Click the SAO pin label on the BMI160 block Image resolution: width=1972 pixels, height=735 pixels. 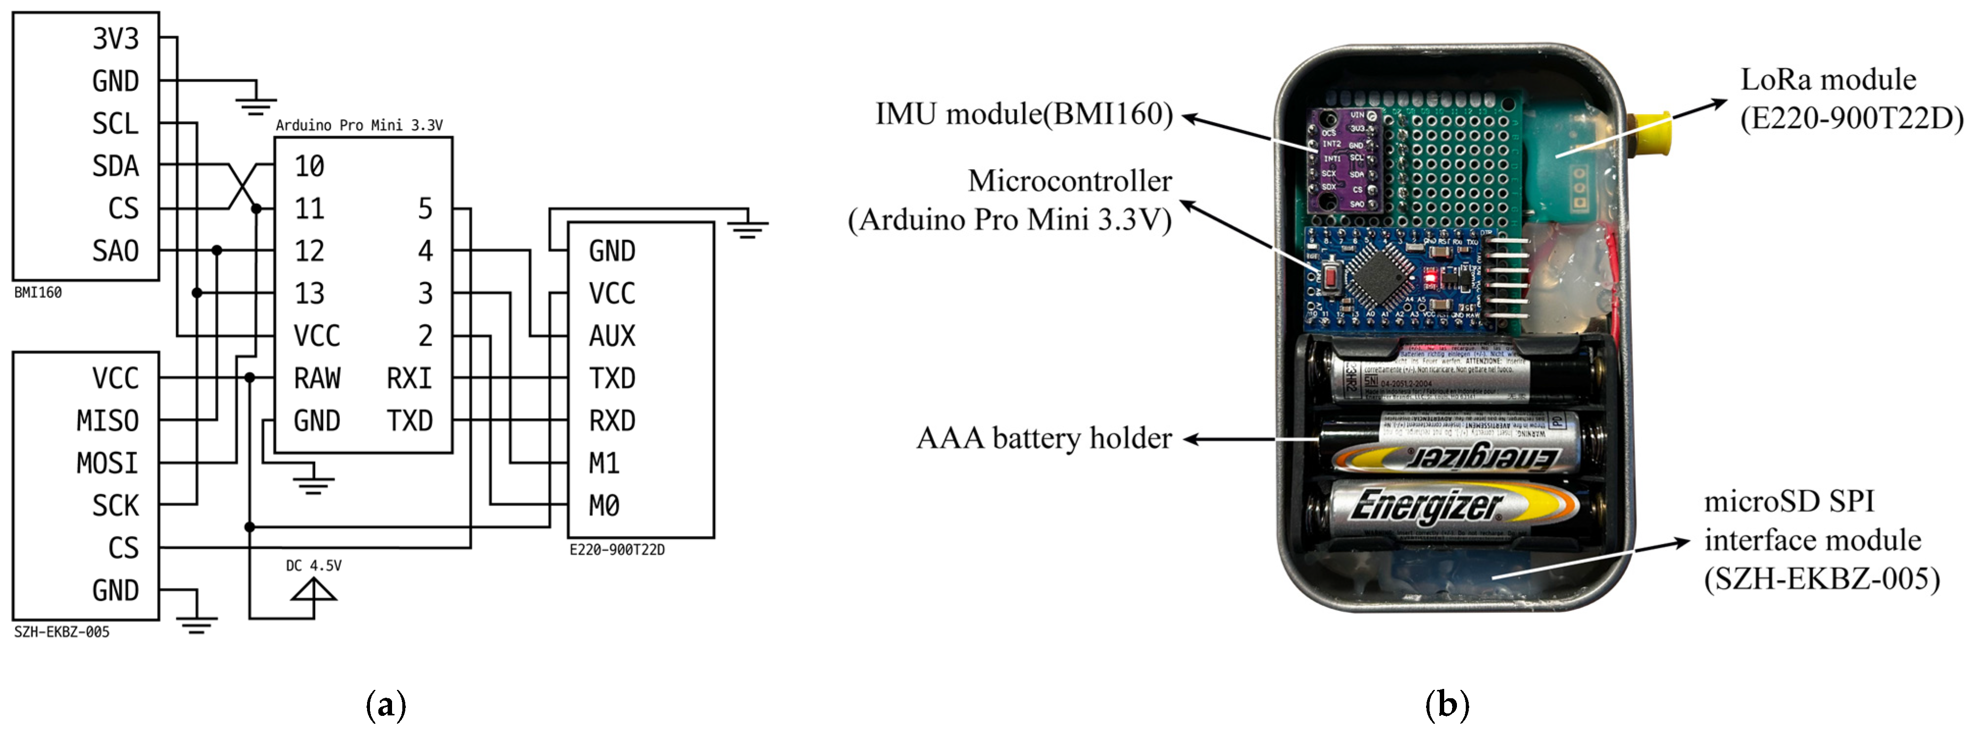tap(116, 251)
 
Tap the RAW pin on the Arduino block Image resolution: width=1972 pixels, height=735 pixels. tap(317, 378)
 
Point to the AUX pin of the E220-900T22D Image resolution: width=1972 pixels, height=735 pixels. tap(612, 336)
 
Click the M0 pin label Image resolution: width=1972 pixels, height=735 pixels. tap(604, 506)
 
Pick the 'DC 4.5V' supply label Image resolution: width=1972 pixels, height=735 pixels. tap(314, 566)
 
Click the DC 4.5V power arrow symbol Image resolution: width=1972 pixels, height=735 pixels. tap(314, 591)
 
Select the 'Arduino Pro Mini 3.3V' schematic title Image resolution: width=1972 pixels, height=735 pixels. tap(359, 126)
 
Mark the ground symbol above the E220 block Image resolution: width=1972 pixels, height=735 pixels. tap(748, 228)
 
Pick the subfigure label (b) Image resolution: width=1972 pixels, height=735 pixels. tap(1446, 705)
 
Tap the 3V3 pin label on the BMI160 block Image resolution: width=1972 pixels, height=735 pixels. tap(116, 38)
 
